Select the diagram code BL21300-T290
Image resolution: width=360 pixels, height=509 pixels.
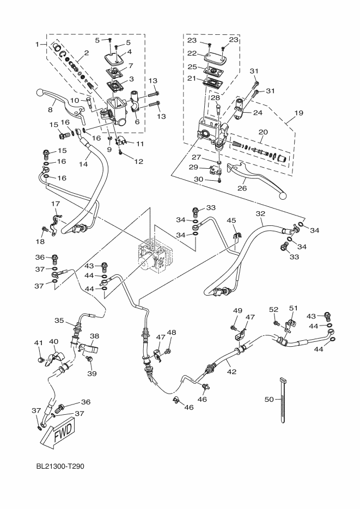coord(60,467)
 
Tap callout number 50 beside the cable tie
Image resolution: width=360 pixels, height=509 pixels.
coord(270,399)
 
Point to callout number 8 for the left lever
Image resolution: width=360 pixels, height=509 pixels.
coord(50,110)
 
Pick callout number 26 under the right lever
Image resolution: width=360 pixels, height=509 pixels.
coord(242,188)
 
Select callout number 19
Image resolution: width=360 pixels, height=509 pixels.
coord(299,113)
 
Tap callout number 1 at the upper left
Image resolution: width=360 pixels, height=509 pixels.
coord(37,44)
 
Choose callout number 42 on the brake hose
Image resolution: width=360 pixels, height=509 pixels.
coord(231,372)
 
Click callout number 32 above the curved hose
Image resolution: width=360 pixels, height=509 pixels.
coord(260,213)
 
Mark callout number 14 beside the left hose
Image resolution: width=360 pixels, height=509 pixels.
coord(83,164)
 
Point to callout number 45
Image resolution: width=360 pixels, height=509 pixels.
coord(231,220)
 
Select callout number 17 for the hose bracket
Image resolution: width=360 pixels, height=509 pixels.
coord(56,204)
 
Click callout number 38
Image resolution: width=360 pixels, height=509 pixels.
coord(94,336)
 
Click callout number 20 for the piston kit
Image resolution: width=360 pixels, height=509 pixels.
coord(263,132)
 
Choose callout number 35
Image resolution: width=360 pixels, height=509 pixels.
coord(59,321)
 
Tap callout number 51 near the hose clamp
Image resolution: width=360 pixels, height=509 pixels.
coord(294,308)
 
